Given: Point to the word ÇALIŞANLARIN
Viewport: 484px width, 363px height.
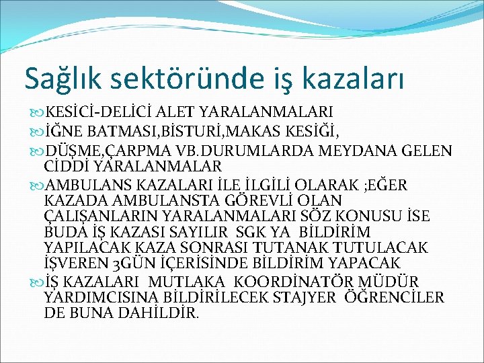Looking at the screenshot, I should pyautogui.click(x=93, y=216).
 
